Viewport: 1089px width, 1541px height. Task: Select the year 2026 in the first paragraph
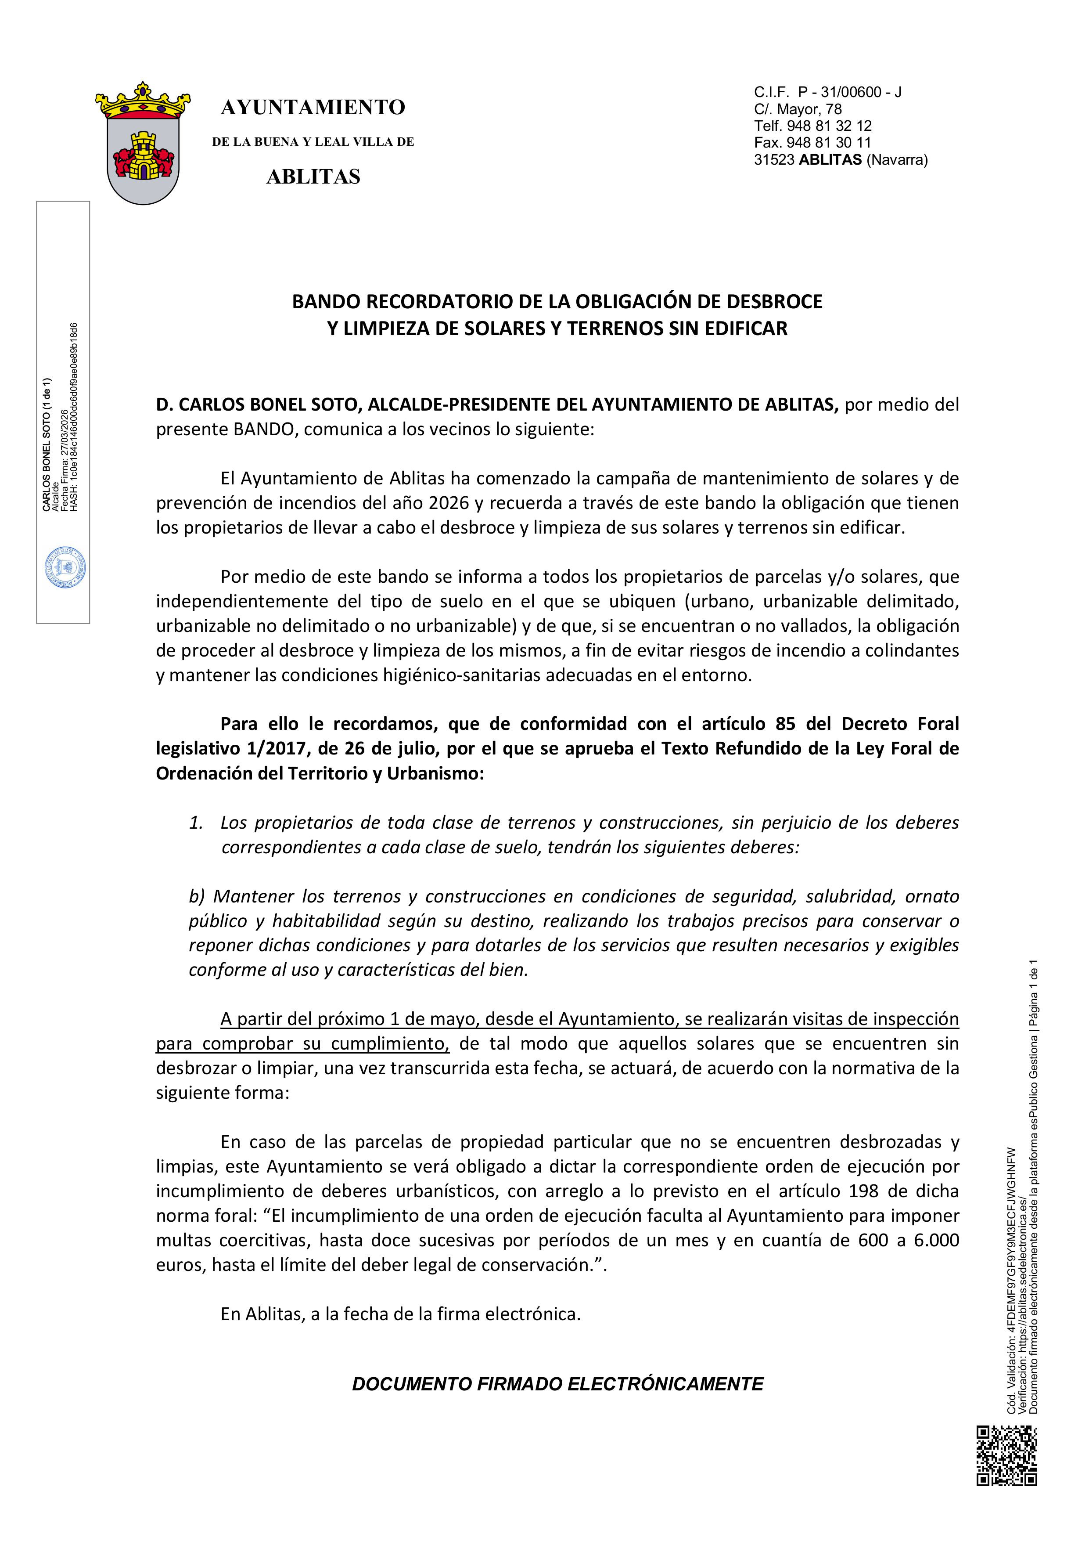point(448,503)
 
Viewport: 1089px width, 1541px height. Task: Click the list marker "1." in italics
point(196,823)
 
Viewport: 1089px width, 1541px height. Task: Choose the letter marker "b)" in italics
point(197,897)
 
